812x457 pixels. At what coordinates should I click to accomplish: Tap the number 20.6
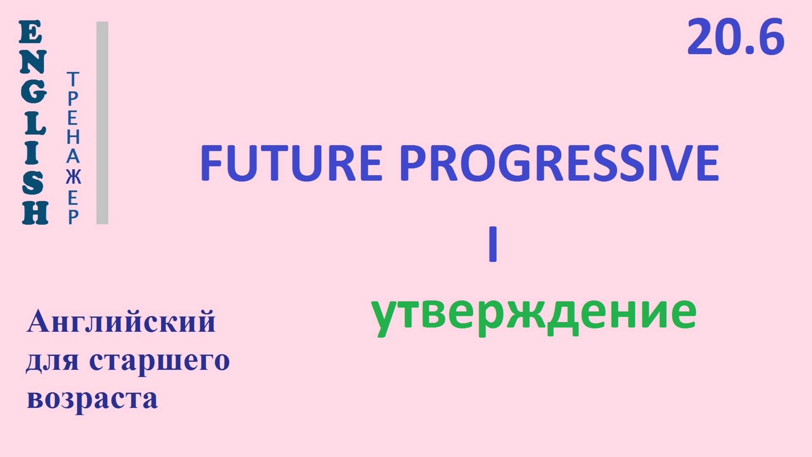pyautogui.click(x=736, y=37)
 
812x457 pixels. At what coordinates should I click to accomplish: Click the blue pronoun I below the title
pyautogui.click(x=492, y=248)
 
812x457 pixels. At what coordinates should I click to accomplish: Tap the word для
pyautogui.click(x=52, y=362)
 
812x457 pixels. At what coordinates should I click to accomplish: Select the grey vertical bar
pyautogui.click(x=102, y=123)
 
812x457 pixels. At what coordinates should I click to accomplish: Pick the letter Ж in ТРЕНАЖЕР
pyautogui.click(x=73, y=177)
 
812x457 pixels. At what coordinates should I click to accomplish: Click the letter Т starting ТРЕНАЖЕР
pyautogui.click(x=73, y=79)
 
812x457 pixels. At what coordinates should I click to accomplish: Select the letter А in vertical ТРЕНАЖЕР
pyautogui.click(x=73, y=157)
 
